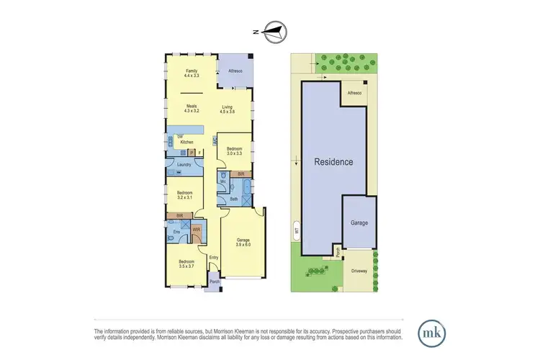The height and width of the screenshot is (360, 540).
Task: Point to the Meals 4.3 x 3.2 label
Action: tap(192, 108)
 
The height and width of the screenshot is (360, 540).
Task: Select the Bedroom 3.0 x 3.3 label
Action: tap(235, 151)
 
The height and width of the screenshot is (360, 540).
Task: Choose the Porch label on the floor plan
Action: tap(214, 281)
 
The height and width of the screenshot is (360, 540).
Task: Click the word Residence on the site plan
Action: tap(334, 162)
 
